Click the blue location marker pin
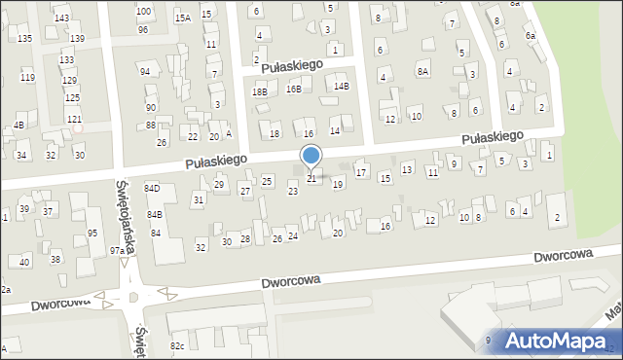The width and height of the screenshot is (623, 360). [311, 157]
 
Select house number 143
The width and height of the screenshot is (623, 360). [61, 18]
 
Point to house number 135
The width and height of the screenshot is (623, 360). [24, 38]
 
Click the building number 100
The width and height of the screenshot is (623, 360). [144, 12]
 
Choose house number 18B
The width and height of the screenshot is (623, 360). [259, 91]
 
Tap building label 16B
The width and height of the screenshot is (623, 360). [294, 89]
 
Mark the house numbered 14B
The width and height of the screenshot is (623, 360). [341, 86]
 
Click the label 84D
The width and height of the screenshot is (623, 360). [152, 188]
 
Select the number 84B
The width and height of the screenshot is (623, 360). [155, 214]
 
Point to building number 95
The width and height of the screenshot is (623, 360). [92, 234]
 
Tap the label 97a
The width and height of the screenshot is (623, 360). [117, 251]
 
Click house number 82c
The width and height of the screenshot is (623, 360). [177, 345]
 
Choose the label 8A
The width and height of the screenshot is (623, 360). [422, 71]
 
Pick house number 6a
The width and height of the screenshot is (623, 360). [531, 36]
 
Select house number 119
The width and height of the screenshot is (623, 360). [27, 78]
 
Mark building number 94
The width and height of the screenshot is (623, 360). [144, 72]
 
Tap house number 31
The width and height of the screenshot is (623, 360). [198, 199]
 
